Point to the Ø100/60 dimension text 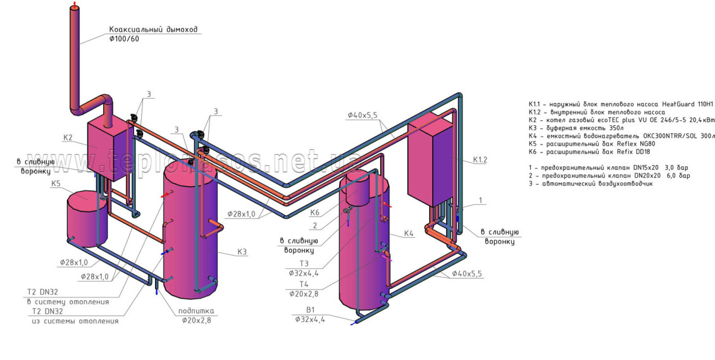pos(124,39)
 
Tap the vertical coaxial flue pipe pos(75,57)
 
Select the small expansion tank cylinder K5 pos(86,218)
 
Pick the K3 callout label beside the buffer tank pos(242,252)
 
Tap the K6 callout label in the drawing pos(314,213)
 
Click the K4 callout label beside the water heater pos(409,233)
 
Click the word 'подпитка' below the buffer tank pos(197,311)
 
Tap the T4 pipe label pos(305,284)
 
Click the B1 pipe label pos(310,310)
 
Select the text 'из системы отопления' pos(75,321)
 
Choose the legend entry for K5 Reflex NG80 pos(592,144)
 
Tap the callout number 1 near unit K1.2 pos(480,200)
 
